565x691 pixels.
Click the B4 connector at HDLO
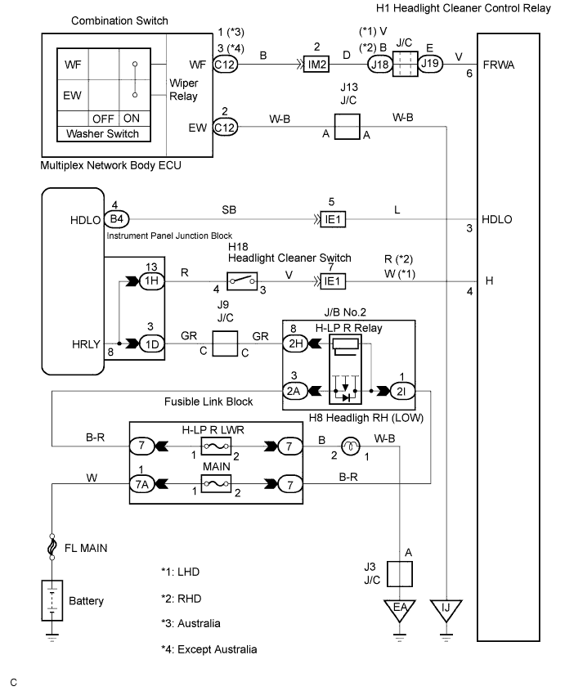[x=119, y=219]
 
